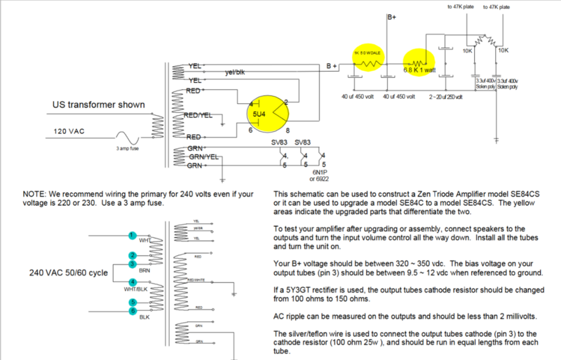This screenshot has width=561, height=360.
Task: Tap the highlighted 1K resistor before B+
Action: pyautogui.click(x=368, y=62)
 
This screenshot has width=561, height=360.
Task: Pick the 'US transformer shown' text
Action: pyautogui.click(x=99, y=105)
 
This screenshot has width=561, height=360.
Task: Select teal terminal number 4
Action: pyautogui.click(x=130, y=282)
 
